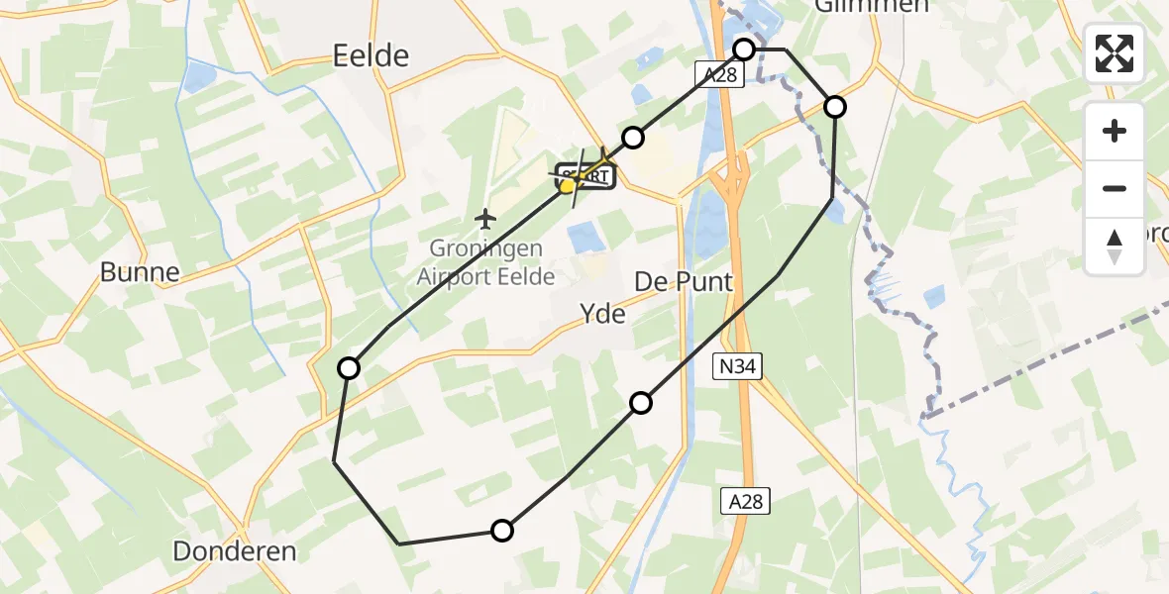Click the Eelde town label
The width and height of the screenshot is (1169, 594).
[372, 55]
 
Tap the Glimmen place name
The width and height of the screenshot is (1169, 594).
[858, 6]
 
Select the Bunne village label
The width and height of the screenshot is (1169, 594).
[140, 272]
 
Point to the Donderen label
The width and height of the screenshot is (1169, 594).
[235, 551]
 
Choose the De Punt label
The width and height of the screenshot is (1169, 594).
[684, 282]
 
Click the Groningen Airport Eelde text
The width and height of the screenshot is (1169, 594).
[485, 262]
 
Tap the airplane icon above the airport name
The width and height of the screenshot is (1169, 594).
[484, 217]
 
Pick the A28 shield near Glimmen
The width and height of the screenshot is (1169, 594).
[718, 76]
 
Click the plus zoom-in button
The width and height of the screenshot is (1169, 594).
[1115, 131]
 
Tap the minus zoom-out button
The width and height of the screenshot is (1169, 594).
[1115, 188]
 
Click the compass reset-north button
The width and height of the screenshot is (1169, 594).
[1115, 246]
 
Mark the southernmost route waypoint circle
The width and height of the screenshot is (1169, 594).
[502, 531]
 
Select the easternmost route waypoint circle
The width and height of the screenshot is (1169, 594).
[835, 107]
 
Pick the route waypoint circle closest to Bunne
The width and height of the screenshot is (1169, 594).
[349, 368]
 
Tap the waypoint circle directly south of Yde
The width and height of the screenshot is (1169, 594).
[641, 402]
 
